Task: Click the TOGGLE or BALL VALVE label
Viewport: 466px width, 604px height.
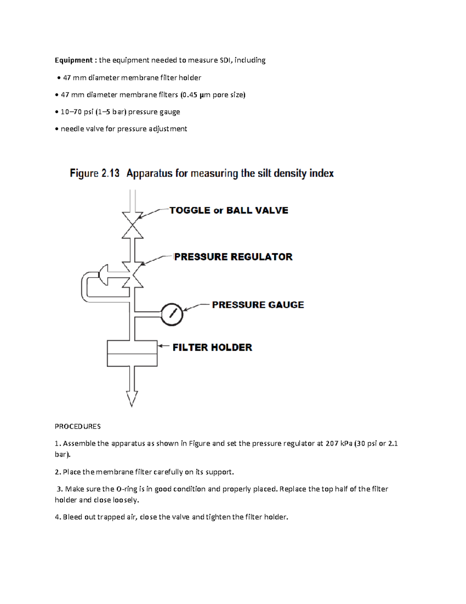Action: tap(229, 210)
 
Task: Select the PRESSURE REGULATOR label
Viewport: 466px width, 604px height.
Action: tap(233, 257)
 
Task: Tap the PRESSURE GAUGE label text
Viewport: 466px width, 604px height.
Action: tap(258, 305)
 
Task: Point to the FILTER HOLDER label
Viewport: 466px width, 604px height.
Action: tap(212, 347)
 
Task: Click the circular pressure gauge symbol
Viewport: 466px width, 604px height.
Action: tap(172, 314)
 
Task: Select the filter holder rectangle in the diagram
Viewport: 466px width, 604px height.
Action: tap(132, 354)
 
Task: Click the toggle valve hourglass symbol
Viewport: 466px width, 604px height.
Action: tap(132, 225)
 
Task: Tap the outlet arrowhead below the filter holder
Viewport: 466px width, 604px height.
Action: tap(132, 399)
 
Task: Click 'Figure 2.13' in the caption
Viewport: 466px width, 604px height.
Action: tap(94, 173)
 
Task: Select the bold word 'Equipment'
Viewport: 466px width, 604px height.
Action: tap(73, 60)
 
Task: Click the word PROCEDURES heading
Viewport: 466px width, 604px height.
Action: tap(78, 426)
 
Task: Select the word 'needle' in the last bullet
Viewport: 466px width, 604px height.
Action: tap(70, 129)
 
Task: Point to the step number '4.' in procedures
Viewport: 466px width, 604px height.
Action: tap(58, 517)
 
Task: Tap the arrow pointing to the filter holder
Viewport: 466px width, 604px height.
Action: tap(163, 345)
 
